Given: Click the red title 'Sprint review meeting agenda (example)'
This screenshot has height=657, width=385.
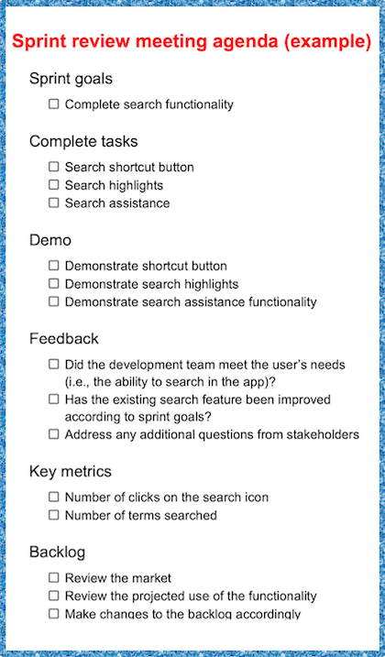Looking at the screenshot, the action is (x=192, y=42).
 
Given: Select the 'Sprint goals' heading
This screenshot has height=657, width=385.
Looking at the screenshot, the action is (x=71, y=79).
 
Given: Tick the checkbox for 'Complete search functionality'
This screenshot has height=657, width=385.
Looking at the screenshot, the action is (x=54, y=104).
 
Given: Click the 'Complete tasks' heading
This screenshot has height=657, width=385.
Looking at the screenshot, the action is (x=83, y=141).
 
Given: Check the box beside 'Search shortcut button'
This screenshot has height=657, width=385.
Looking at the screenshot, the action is (x=54, y=167).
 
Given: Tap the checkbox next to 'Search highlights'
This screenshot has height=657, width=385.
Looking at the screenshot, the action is (x=54, y=185).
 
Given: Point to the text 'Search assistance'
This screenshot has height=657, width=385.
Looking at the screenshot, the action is (x=116, y=203).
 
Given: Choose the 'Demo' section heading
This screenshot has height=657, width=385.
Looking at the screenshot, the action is (x=50, y=240).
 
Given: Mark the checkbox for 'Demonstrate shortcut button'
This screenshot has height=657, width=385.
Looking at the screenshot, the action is (x=54, y=266).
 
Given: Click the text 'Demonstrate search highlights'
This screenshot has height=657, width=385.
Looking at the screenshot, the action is (x=151, y=284).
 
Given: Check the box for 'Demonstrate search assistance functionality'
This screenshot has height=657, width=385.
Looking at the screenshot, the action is (x=54, y=301).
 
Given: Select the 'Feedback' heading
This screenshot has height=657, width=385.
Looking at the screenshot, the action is (x=64, y=338).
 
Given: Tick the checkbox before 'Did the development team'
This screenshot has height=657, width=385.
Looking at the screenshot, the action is (x=54, y=364).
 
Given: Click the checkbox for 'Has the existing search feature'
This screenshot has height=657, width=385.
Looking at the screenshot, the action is (x=54, y=400).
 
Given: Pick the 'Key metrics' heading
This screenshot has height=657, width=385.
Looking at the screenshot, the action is (x=71, y=471).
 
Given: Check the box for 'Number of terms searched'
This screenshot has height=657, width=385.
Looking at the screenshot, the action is (x=54, y=515).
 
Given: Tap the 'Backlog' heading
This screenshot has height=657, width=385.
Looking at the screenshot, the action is (x=59, y=553).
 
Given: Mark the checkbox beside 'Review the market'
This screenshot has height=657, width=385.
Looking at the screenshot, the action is (x=54, y=578).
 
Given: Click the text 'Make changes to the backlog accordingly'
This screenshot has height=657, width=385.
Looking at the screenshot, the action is (x=182, y=613).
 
